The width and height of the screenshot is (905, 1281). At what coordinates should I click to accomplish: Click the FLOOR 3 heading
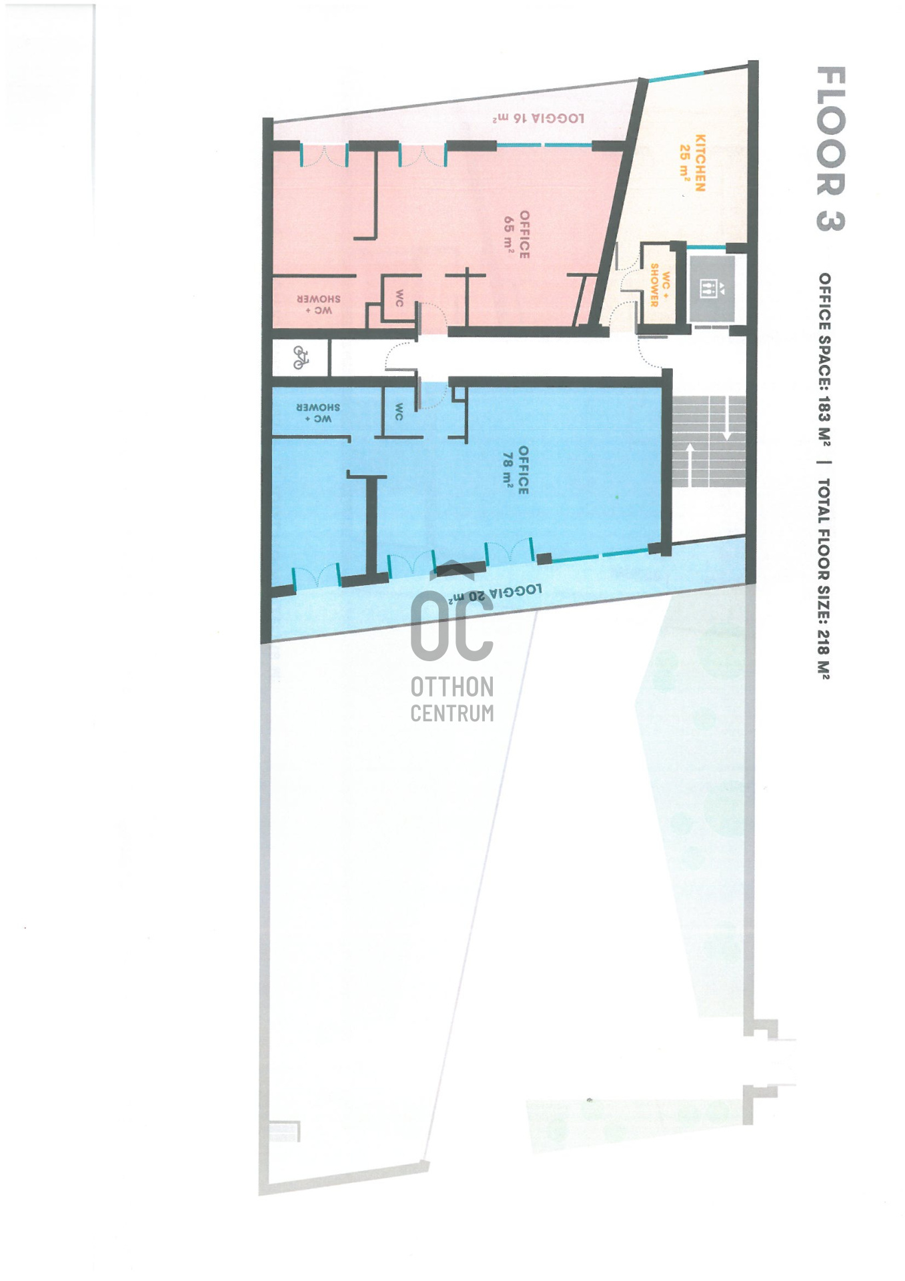[830, 149]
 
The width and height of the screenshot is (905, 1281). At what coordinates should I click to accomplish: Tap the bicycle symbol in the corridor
[301, 358]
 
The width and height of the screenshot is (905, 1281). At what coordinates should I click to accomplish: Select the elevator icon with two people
[708, 289]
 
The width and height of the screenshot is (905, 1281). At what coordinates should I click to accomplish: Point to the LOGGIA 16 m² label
[538, 119]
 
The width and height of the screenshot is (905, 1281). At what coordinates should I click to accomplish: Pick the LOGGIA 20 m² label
[494, 593]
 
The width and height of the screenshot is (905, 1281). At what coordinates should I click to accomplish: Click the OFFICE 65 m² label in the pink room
[517, 235]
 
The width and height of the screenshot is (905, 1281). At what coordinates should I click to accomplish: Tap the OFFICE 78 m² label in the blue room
[516, 470]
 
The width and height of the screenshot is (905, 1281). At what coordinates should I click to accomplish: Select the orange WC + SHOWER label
[660, 286]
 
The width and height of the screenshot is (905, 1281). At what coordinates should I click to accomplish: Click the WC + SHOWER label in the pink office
[319, 305]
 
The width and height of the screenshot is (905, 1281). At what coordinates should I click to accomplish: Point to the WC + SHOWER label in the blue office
[318, 413]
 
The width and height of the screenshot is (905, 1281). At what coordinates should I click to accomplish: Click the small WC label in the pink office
[399, 298]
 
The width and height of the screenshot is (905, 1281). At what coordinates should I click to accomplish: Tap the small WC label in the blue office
[399, 412]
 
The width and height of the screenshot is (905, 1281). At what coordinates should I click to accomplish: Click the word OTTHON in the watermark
[451, 687]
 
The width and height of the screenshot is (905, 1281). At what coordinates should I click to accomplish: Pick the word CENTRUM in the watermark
[451, 713]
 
